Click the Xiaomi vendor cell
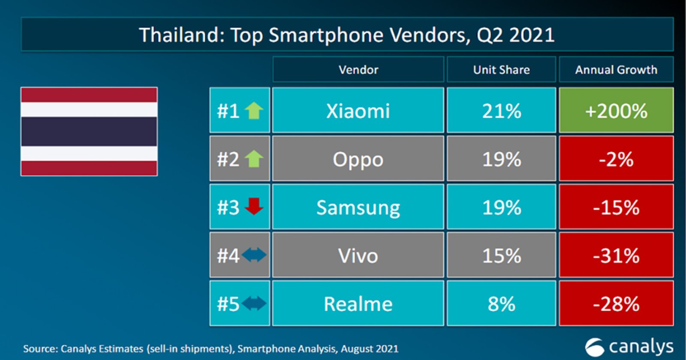[x=358, y=111]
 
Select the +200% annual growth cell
[x=616, y=111]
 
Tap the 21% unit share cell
[x=501, y=111]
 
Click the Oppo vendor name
[x=358, y=159]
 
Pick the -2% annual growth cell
[x=616, y=159]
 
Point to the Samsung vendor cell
[x=358, y=207]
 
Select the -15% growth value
[x=616, y=207]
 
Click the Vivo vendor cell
[x=358, y=256]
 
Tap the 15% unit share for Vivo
[x=501, y=256]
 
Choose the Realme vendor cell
[x=358, y=304]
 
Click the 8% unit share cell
[x=501, y=304]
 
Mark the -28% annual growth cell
[x=616, y=304]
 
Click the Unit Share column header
[x=501, y=69]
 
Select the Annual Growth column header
[x=616, y=69]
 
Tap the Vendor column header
[x=358, y=69]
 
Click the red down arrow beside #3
[x=254, y=206]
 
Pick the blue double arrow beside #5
[x=254, y=303]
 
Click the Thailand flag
[x=89, y=131]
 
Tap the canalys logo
[x=629, y=347]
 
